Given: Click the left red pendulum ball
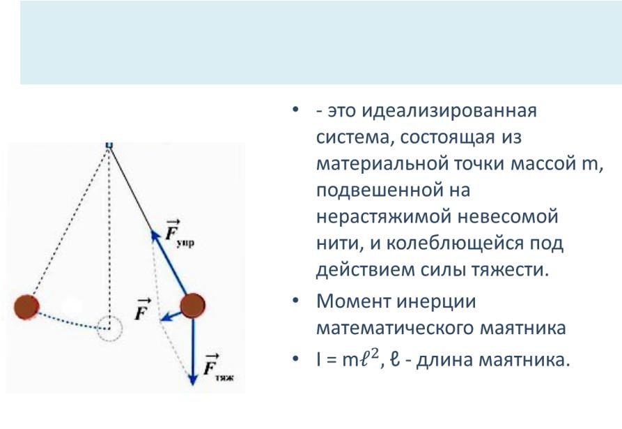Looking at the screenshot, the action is pyautogui.click(x=27, y=307).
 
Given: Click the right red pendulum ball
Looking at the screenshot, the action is pyautogui.click(x=193, y=306).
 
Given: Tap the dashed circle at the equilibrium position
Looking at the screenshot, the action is pyautogui.click(x=110, y=329).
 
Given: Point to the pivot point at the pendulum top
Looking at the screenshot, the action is pyautogui.click(x=109, y=145).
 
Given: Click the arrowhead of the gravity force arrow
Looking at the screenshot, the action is pyautogui.click(x=193, y=379).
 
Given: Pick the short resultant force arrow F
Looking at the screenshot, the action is pyautogui.click(x=171, y=317).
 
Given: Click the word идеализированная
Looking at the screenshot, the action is pyautogui.click(x=449, y=111).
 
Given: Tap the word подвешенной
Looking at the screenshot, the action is pyautogui.click(x=380, y=190).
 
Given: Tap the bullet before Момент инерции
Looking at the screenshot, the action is pyautogui.click(x=295, y=301).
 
